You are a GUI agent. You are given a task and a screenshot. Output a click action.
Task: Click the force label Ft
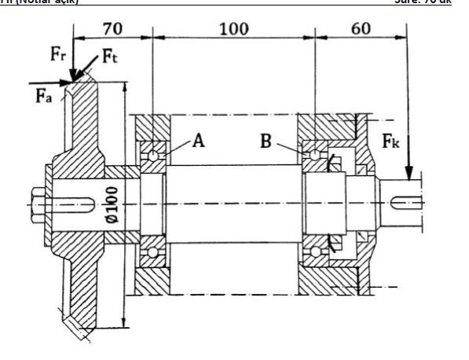point(111,57)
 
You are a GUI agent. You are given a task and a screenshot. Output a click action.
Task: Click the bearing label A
point(198,141)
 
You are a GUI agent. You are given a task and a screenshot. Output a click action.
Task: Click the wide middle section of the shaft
point(233,203)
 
